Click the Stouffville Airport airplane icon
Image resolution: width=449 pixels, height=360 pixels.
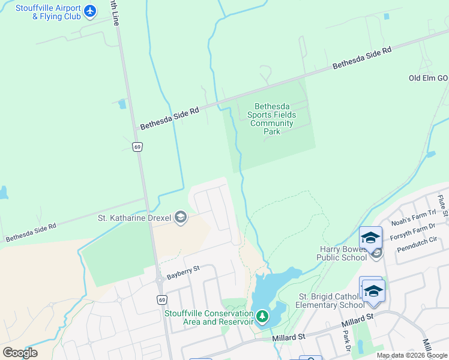(x=90, y=11)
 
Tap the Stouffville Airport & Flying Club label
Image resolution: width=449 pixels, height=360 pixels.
(x=56, y=12)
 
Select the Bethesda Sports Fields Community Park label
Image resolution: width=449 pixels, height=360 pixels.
(x=272, y=119)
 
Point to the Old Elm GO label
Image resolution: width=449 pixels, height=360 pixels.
(x=428, y=79)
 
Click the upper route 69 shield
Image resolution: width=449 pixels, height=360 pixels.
(x=137, y=147)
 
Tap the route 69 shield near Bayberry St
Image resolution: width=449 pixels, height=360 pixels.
(x=161, y=298)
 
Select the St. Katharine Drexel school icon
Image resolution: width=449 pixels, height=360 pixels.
(x=180, y=218)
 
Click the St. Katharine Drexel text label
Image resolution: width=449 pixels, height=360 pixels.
(x=134, y=218)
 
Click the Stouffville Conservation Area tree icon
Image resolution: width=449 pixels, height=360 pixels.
(x=262, y=316)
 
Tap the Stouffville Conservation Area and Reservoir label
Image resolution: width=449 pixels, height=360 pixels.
(x=209, y=318)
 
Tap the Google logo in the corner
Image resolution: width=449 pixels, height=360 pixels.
(x=20, y=353)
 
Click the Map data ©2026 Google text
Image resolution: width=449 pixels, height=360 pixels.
(x=411, y=355)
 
